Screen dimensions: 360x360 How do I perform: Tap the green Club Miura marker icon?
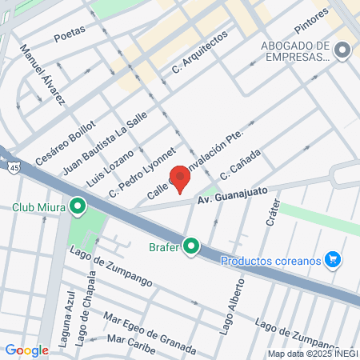tap(78, 207)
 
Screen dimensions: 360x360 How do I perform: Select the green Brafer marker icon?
tap(190, 246)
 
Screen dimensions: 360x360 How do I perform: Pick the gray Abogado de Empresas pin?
tap(343, 50)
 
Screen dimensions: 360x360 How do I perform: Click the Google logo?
tap(26, 350)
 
